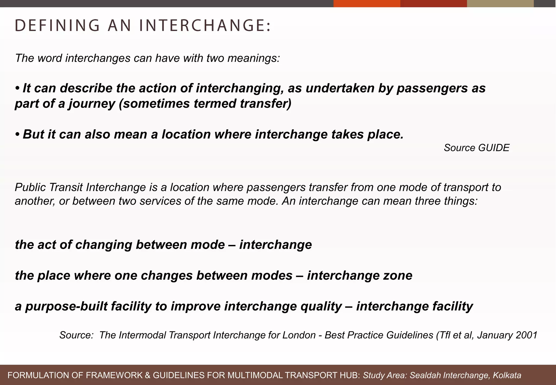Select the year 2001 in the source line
pos(526,335)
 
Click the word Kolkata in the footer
pos(507,375)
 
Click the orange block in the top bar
pos(367,4)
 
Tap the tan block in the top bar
pos(500,4)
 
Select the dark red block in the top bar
pos(433,4)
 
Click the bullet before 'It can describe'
pos(18,88)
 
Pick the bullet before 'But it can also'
pos(18,134)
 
